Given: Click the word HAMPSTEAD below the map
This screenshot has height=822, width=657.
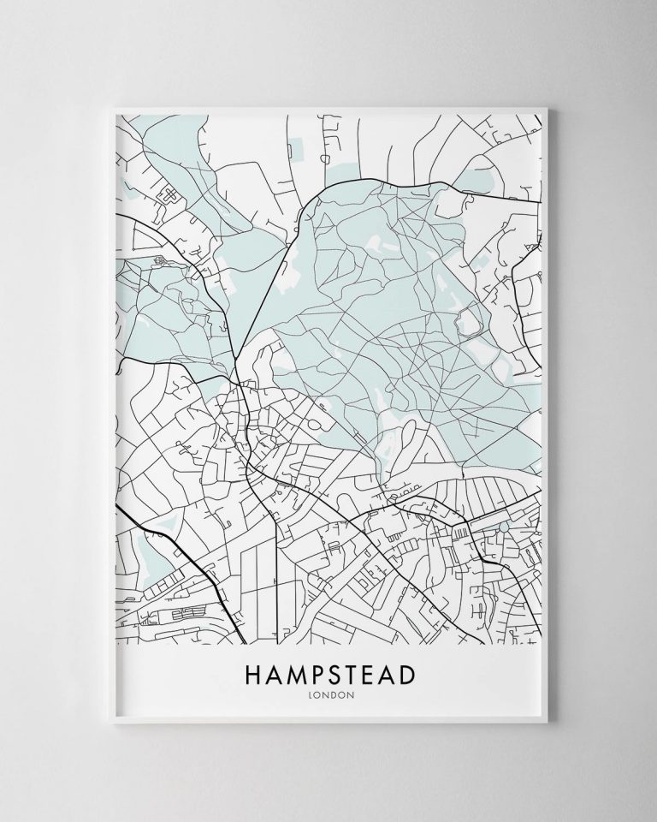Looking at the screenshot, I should [x=328, y=675].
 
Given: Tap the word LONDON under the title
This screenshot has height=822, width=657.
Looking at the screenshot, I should [x=328, y=694].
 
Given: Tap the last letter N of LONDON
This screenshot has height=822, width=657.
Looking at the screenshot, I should [x=350, y=694].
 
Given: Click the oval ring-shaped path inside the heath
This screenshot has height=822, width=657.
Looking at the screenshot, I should [x=469, y=322].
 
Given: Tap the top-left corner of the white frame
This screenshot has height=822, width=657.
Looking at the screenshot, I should [x=107, y=105].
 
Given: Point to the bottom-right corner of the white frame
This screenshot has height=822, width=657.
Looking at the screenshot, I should [x=550, y=717].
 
